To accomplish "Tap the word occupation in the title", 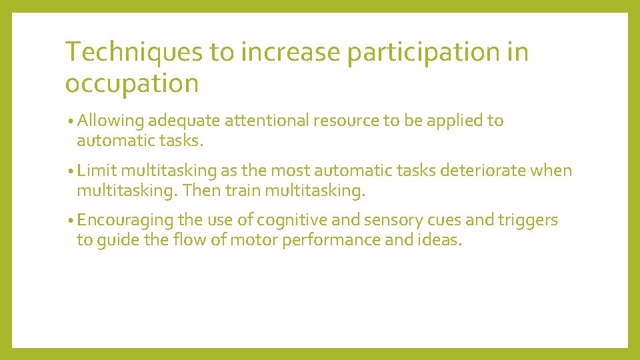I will (132, 84).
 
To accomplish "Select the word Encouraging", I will (126, 221).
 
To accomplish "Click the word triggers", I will (531, 221).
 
